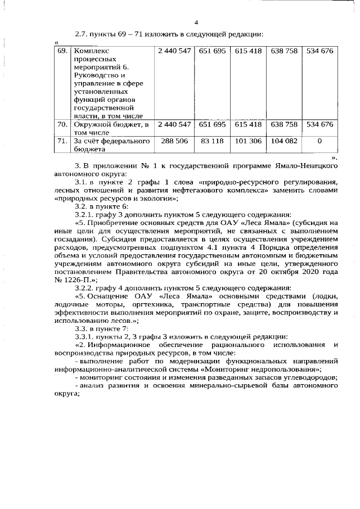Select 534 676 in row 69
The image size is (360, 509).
point(319,51)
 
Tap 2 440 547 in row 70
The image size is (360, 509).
point(174,124)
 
